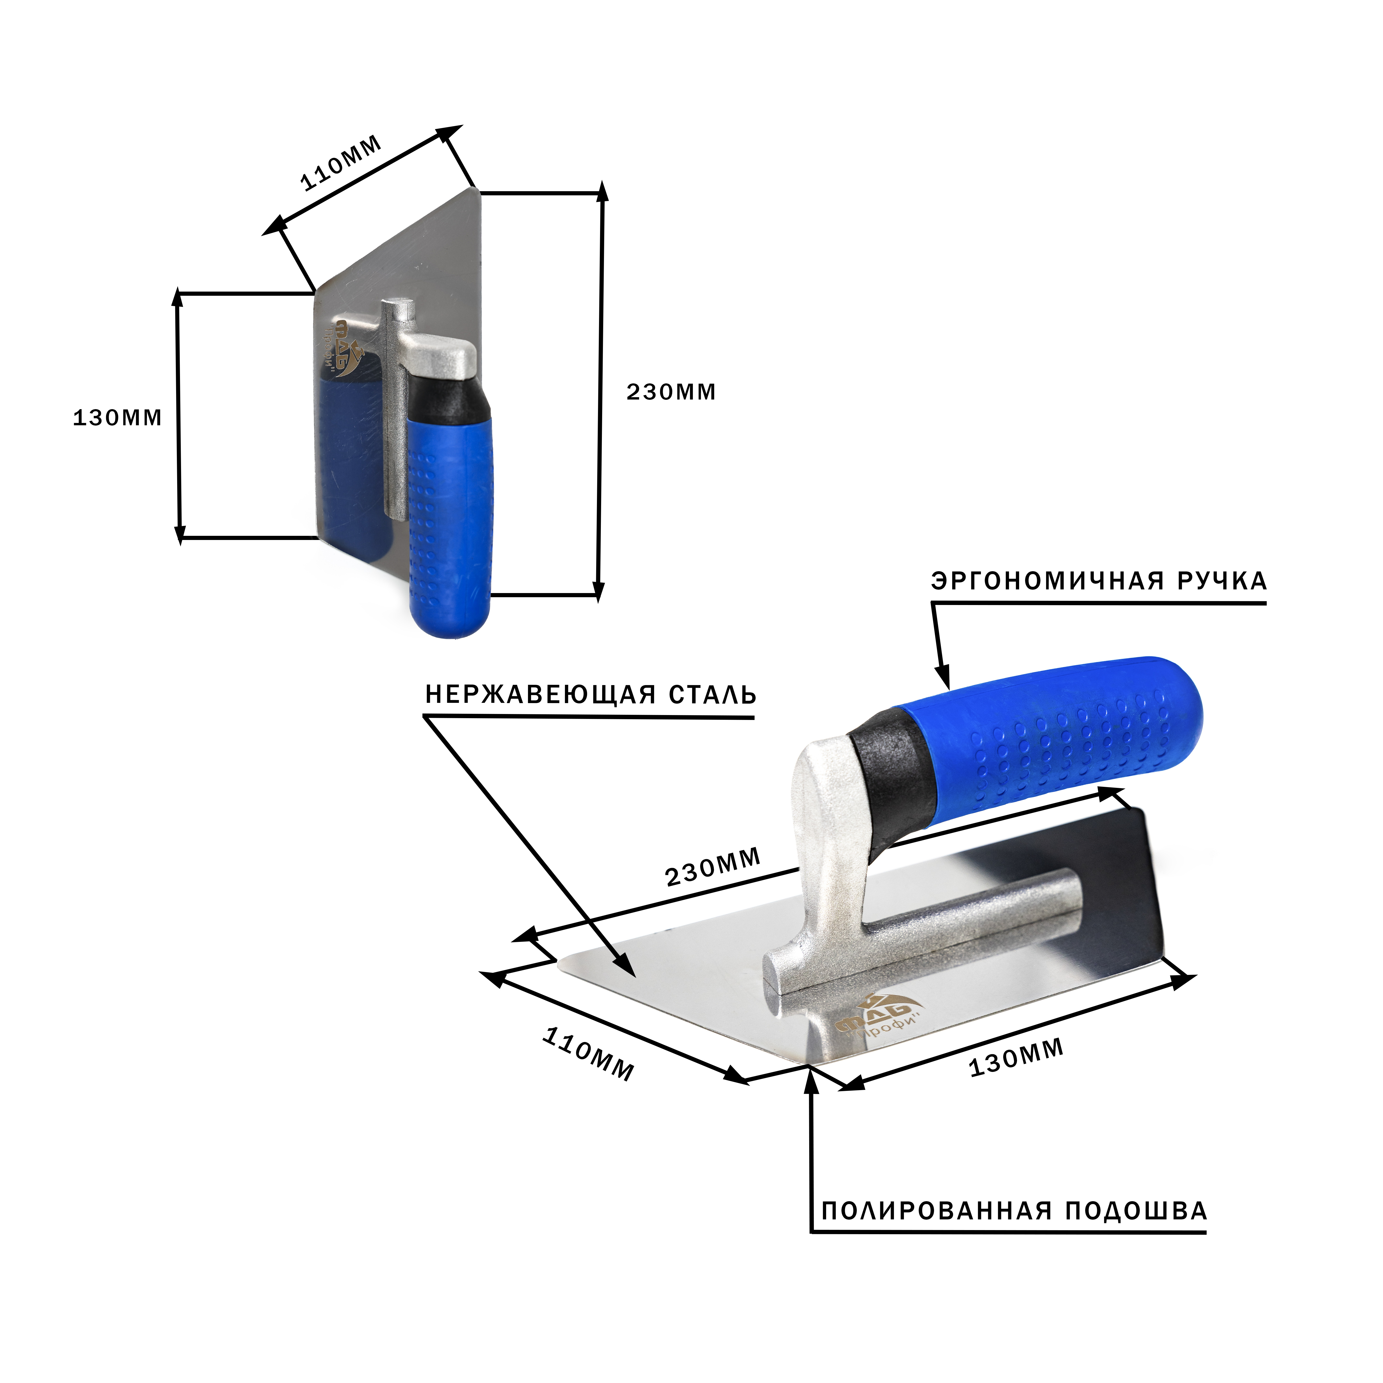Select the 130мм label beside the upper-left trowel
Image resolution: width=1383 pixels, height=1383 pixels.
click(x=117, y=418)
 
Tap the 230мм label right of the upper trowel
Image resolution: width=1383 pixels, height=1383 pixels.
click(x=671, y=392)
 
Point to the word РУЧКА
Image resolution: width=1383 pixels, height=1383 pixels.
click(x=1223, y=581)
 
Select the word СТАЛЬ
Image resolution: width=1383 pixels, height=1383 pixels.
click(x=713, y=695)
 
